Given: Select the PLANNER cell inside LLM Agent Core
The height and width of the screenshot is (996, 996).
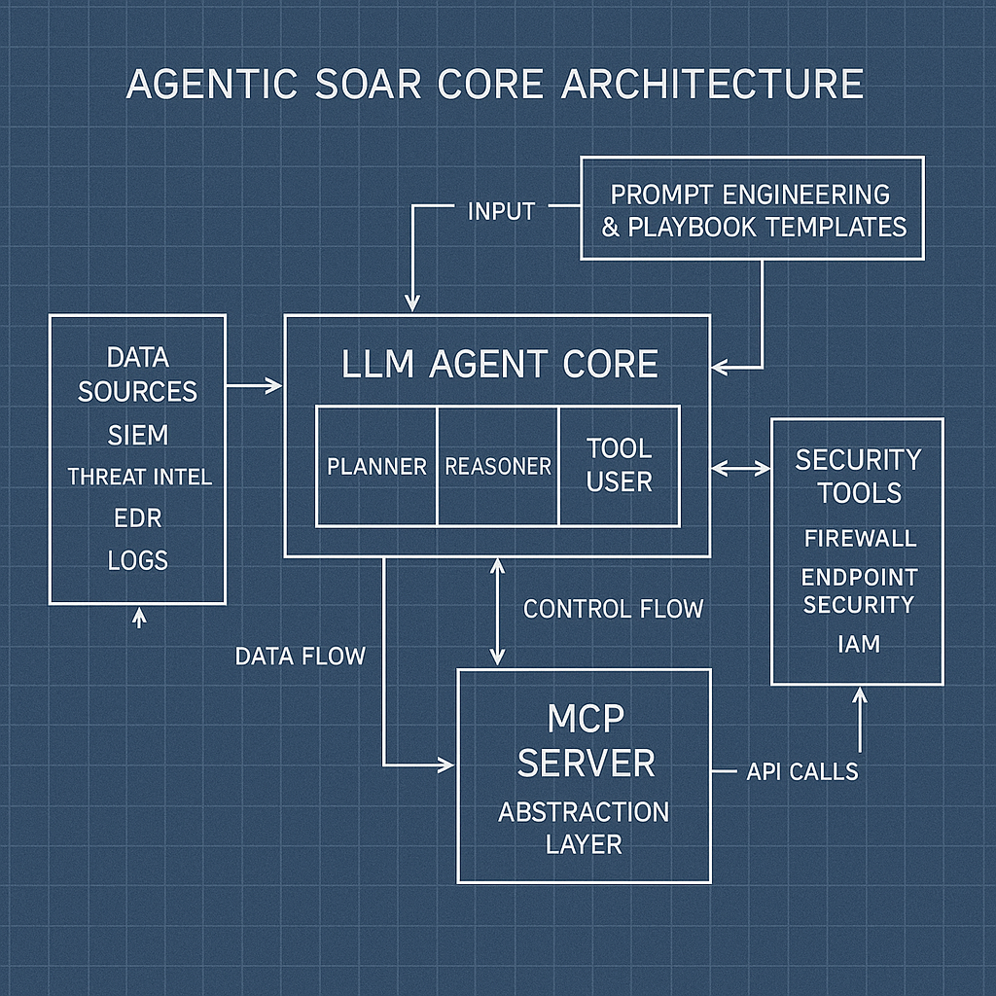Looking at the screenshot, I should [x=376, y=467].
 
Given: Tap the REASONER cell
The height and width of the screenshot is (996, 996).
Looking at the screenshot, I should [x=498, y=467].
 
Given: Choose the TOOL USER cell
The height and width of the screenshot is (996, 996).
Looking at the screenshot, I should [x=619, y=465].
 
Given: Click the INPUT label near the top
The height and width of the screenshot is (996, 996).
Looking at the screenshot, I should [x=501, y=211].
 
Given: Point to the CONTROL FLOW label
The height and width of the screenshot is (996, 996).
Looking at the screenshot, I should [x=613, y=609].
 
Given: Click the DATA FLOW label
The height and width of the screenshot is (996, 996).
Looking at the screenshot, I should [x=300, y=656].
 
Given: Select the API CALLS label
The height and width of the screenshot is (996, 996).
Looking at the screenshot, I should [x=802, y=771].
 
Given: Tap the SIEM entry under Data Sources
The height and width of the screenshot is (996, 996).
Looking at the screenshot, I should [x=137, y=436].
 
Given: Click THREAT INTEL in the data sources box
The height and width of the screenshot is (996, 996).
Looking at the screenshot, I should [x=139, y=478].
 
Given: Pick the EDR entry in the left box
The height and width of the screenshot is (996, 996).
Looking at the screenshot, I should [x=137, y=519].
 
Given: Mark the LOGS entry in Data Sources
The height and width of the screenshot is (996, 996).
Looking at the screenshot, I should [x=138, y=561].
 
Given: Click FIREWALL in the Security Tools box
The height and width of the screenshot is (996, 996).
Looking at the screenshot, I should [x=860, y=538].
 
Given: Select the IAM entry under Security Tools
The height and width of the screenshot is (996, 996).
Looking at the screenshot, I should [x=858, y=643].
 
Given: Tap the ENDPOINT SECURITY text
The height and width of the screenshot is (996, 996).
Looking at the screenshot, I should [x=859, y=590].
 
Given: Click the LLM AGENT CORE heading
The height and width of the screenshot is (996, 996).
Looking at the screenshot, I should [x=500, y=365].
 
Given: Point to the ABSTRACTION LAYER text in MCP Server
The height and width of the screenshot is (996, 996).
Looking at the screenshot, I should [x=584, y=827].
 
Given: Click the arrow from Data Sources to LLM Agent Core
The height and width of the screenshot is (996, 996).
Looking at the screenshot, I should [x=254, y=386].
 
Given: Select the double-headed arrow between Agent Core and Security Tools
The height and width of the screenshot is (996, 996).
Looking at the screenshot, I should [x=741, y=468].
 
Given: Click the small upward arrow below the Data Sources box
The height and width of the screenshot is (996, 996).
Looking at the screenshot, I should [x=138, y=617].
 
